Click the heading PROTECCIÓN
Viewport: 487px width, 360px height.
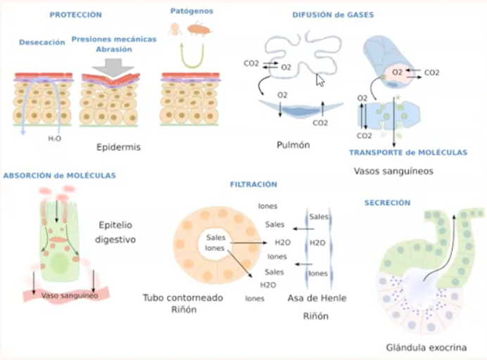point(75,14)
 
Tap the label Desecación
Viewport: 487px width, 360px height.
point(42,42)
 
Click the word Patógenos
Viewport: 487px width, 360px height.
point(191,11)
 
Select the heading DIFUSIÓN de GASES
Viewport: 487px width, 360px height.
point(333,14)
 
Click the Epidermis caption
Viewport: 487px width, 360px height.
point(119,148)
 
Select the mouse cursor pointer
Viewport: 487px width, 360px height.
point(320,79)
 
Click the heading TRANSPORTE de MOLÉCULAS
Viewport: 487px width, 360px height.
point(408,152)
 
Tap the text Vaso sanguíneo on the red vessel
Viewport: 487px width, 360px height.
point(69,295)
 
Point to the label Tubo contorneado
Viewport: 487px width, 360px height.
point(182,297)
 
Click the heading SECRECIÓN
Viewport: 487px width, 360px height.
point(387,202)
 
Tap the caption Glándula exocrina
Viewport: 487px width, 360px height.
point(426,347)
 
